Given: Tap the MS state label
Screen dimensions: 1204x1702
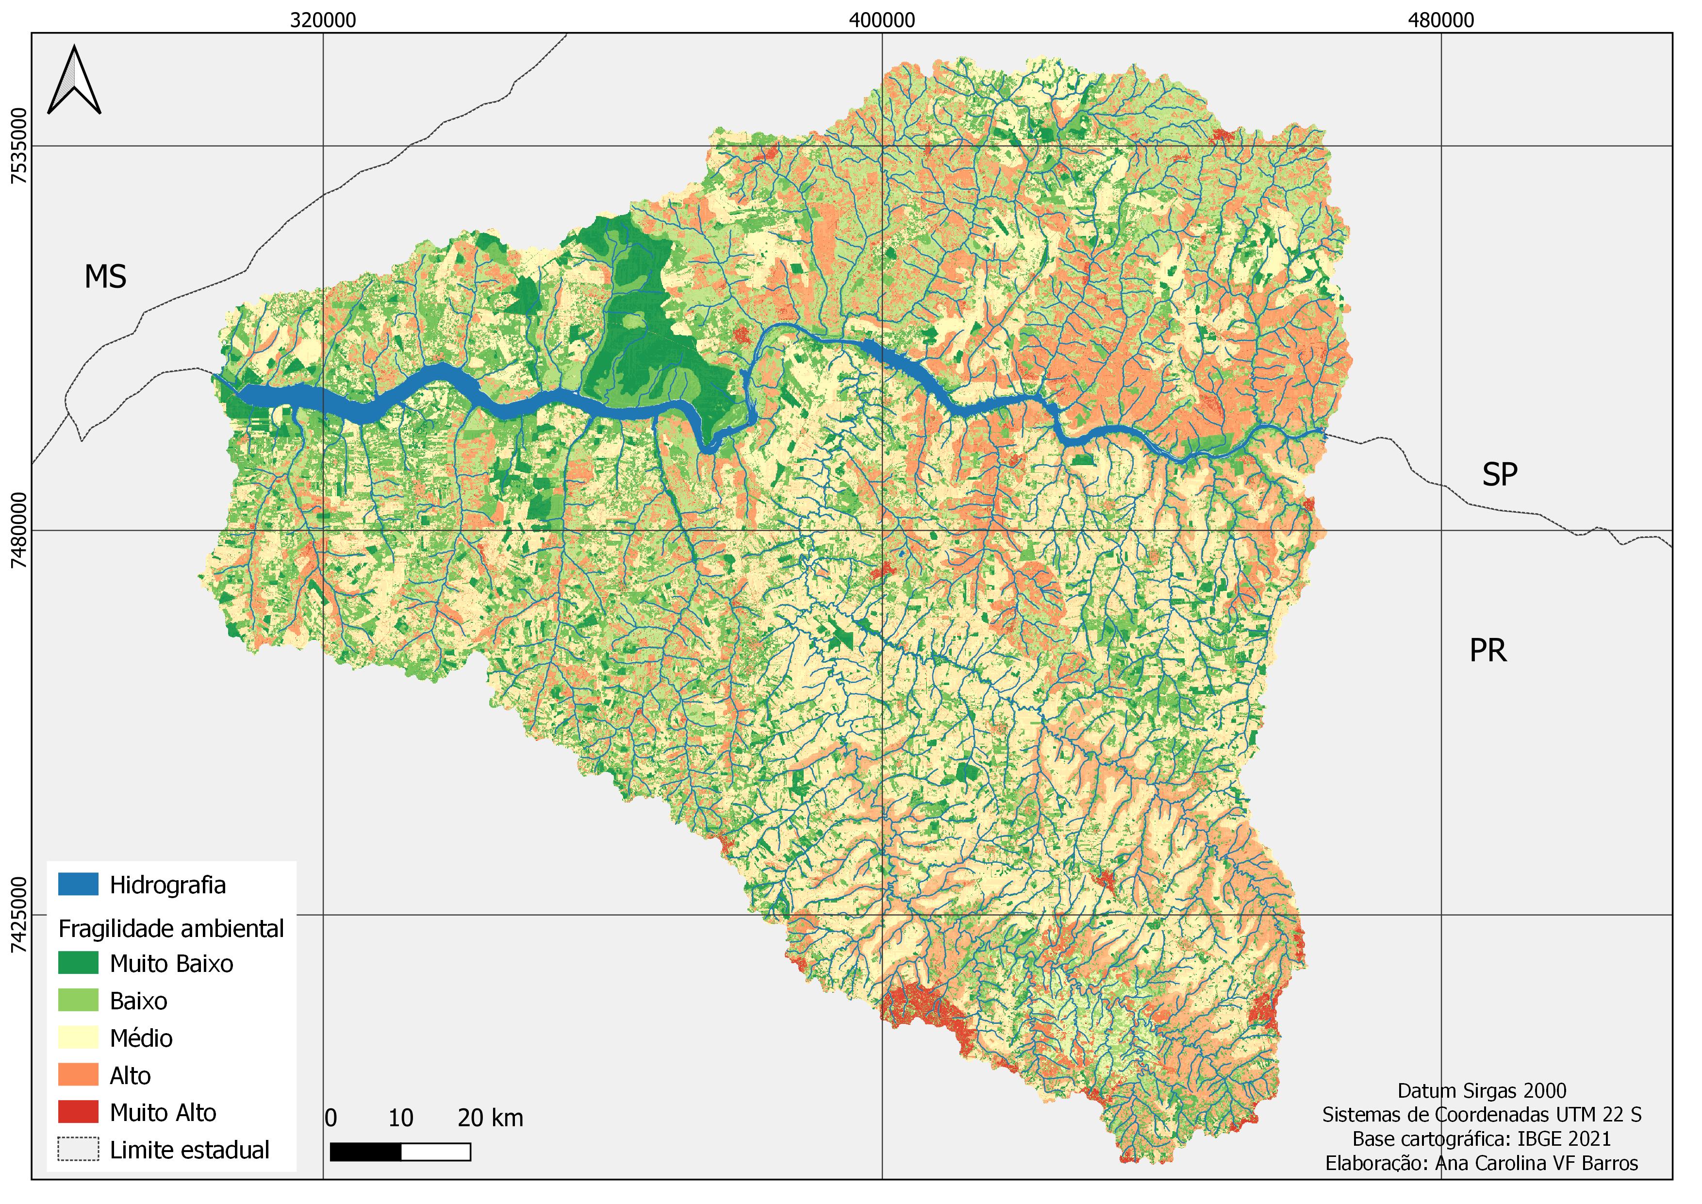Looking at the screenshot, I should (105, 277).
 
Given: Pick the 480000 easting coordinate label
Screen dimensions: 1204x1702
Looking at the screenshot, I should (1440, 20).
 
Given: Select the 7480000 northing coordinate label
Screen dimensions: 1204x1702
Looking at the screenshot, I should (20, 530).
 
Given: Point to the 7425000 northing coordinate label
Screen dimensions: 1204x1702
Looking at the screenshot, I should (20, 915).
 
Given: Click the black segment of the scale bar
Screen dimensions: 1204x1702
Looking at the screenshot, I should (365, 1152).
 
